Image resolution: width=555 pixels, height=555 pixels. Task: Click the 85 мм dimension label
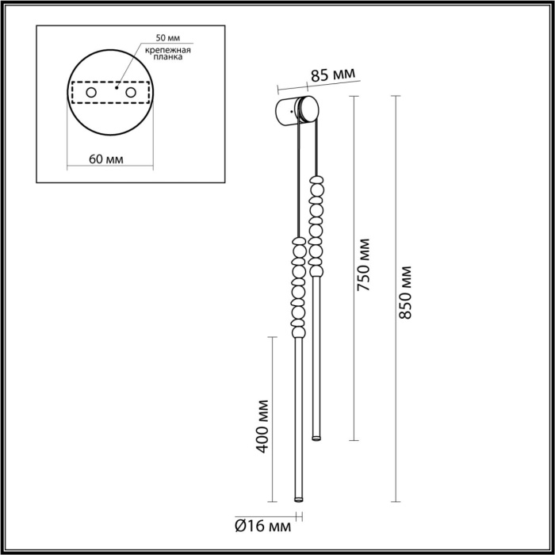(332, 76)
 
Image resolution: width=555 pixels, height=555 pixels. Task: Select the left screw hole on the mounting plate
(90, 94)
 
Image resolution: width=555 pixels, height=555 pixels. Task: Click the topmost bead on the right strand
(318, 181)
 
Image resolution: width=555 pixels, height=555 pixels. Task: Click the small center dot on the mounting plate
(117, 89)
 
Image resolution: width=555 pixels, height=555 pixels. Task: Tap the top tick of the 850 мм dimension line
(394, 97)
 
